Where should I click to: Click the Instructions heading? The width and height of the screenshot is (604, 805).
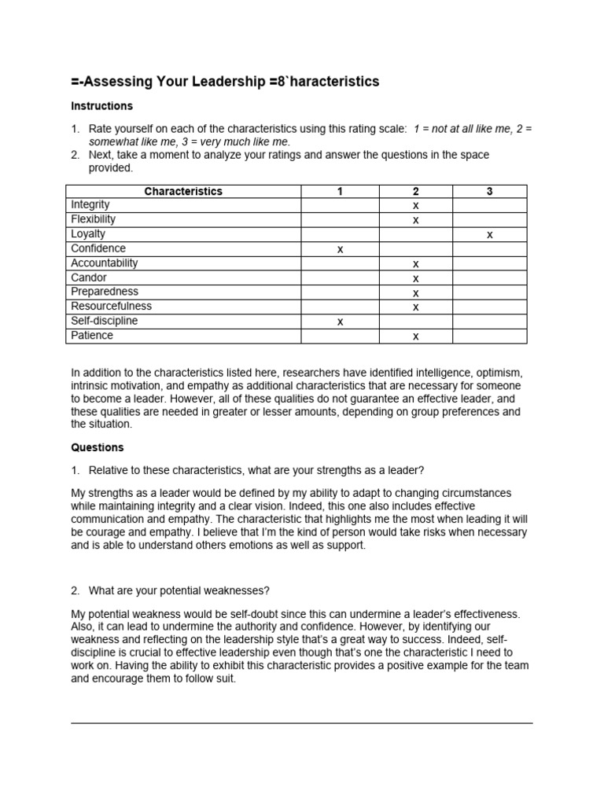(x=101, y=106)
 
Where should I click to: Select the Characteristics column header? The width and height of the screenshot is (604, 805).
(x=183, y=191)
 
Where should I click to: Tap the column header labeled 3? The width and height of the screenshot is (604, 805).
(x=489, y=191)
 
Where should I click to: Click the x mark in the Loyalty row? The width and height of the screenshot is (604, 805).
(x=489, y=235)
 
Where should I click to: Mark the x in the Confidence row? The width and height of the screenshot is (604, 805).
(x=340, y=249)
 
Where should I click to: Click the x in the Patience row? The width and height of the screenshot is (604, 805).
(x=415, y=336)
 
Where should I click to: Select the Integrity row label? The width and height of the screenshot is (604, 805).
(x=90, y=205)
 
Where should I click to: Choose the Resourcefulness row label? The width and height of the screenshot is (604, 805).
(x=111, y=307)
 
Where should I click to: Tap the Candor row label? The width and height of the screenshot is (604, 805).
(x=88, y=278)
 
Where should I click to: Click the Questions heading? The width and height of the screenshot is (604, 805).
(x=98, y=447)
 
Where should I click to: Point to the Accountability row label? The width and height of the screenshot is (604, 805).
(x=104, y=263)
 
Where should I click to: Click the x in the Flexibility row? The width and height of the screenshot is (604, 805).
(x=415, y=220)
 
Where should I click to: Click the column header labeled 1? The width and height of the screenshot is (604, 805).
(x=340, y=191)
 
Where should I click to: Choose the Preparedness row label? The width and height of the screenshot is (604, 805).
(x=104, y=292)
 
